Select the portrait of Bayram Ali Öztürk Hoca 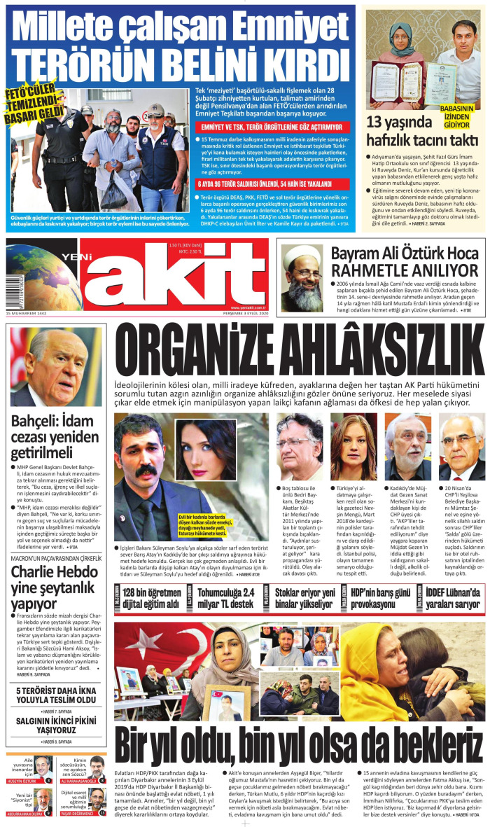click(x=303, y=268)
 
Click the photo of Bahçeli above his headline click(x=57, y=368)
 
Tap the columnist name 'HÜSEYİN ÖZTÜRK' click(x=24, y=780)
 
